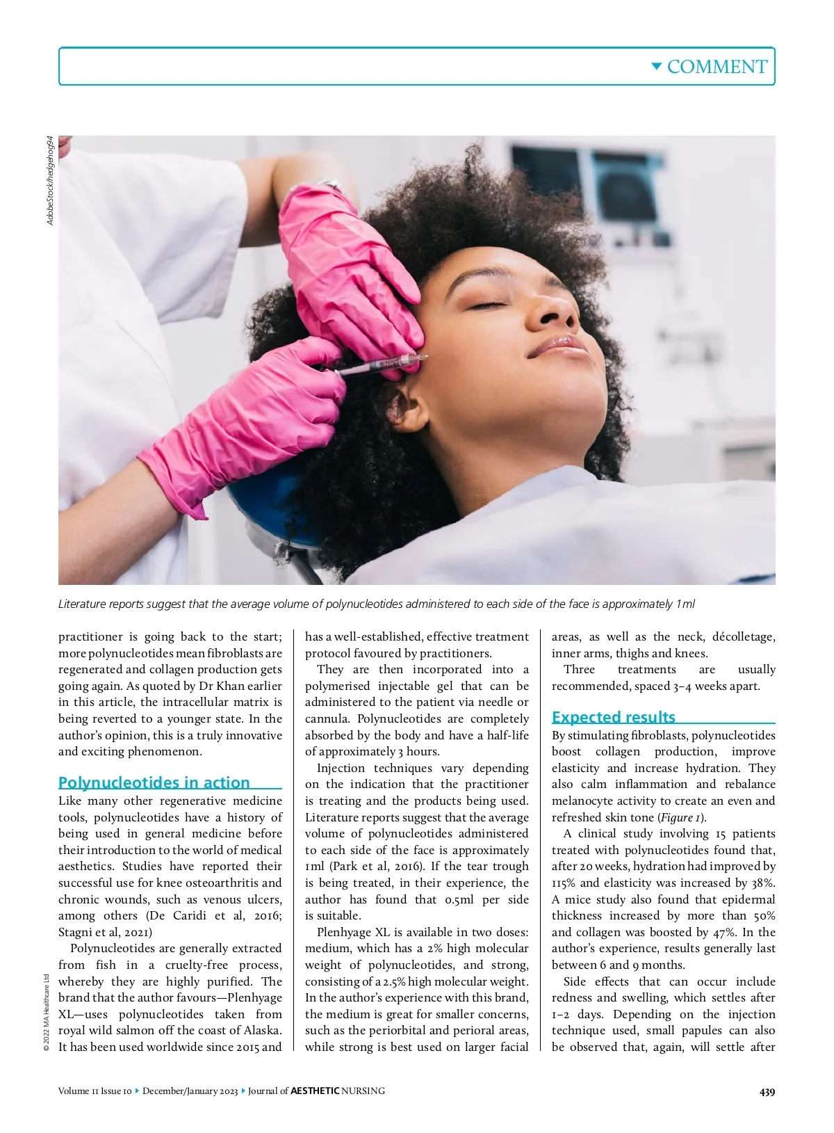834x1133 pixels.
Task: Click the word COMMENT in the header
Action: [717, 67]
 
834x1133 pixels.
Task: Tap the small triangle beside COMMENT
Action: [656, 66]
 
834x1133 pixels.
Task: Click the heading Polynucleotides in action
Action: [154, 782]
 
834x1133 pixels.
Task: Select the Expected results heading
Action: [613, 717]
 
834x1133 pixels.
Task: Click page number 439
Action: [767, 1092]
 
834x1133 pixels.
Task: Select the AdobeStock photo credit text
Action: [49, 180]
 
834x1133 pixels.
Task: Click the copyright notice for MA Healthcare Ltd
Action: [46, 1012]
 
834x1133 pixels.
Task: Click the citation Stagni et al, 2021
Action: [105, 933]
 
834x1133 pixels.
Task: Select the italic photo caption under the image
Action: [376, 604]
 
